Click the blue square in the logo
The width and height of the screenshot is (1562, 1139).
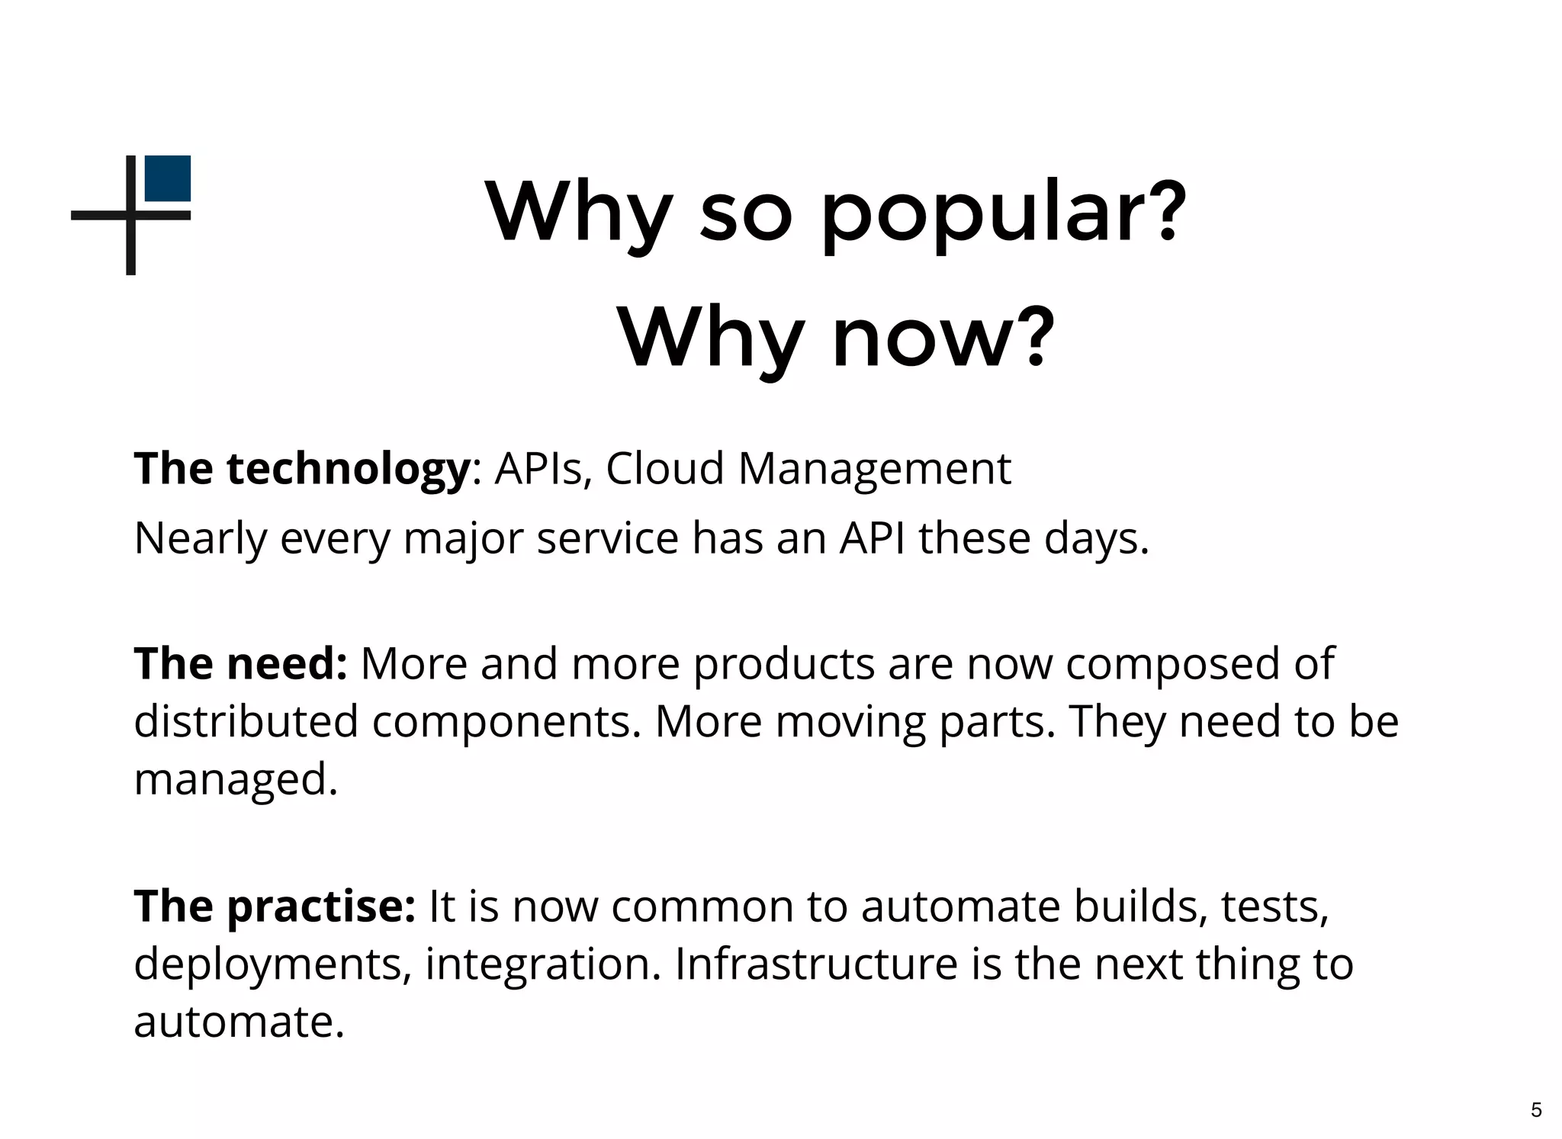tap(168, 178)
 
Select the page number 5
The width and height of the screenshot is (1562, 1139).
tap(1536, 1109)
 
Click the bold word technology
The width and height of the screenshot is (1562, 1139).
tap(348, 468)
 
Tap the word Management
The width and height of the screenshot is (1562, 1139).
tap(874, 468)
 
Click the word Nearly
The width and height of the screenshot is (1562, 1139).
tap(200, 538)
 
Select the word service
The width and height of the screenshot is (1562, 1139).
tap(607, 538)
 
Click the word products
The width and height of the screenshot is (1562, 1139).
tap(783, 663)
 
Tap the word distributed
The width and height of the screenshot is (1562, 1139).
tap(246, 721)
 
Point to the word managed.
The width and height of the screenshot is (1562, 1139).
tap(235, 779)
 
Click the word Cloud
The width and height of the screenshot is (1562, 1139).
tap(664, 468)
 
